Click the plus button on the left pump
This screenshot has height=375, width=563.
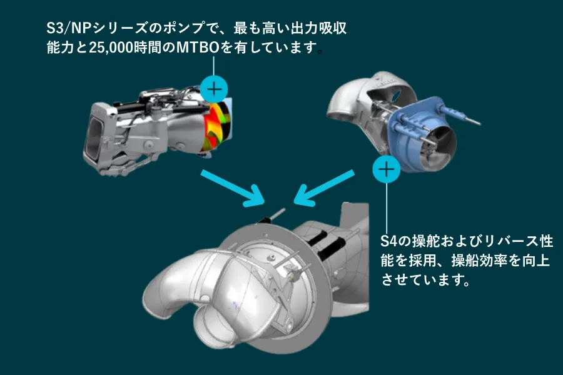(214, 89)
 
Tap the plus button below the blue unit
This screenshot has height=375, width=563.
(387, 169)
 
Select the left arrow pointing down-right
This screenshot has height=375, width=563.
(232, 187)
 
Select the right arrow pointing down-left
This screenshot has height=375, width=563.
(324, 187)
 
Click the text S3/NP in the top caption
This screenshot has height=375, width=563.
(69, 28)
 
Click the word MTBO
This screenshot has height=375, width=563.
(198, 47)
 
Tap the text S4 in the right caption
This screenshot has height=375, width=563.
(389, 241)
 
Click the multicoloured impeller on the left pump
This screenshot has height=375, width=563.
(216, 127)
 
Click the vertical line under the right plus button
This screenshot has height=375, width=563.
(387, 208)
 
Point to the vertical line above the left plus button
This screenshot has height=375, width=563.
(214, 65)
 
